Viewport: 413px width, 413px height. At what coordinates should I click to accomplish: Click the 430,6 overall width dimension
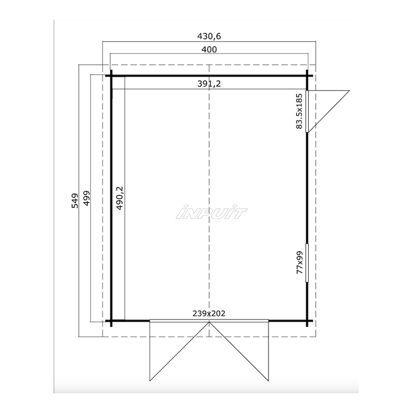(209, 36)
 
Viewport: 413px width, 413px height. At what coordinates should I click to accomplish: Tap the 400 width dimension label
(209, 49)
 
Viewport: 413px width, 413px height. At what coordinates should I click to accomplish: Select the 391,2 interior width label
(209, 84)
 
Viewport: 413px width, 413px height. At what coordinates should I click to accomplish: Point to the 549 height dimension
(75, 201)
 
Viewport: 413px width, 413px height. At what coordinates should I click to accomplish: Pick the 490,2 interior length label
(120, 198)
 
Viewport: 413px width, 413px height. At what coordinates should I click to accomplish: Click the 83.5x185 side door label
(299, 111)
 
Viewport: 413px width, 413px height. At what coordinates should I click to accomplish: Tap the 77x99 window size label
(300, 262)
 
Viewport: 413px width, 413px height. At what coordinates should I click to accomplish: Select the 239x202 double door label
(209, 313)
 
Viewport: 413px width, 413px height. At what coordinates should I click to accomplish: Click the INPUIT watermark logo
(211, 212)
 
